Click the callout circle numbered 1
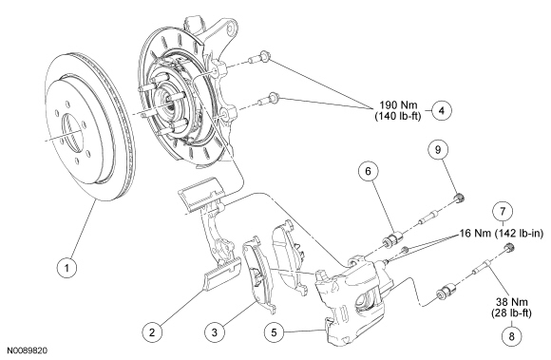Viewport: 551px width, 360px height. point(66,268)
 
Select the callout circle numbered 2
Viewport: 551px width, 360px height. point(152,332)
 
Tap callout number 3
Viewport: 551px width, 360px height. point(215,332)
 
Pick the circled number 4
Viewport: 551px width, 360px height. point(442,110)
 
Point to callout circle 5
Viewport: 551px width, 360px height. point(275,332)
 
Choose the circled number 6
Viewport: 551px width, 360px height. point(368,171)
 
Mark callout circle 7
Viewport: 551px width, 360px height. point(503,212)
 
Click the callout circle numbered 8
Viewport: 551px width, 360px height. point(511,336)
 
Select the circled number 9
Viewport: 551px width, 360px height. point(438,150)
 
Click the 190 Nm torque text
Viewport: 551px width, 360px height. point(398,105)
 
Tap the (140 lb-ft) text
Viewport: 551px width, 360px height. point(398,116)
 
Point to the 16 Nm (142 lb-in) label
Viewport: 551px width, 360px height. point(502,233)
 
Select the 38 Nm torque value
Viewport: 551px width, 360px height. point(511,302)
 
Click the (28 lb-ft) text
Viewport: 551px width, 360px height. point(511,313)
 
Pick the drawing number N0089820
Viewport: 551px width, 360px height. point(27,351)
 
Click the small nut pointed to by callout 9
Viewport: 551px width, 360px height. point(460,198)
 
